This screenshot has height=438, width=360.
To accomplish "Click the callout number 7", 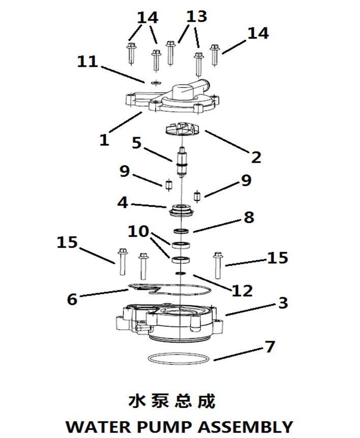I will click(269, 347).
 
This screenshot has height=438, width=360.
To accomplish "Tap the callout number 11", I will click(87, 62).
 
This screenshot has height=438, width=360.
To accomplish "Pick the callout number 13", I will click(197, 17).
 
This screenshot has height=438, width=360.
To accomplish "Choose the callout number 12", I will click(242, 291).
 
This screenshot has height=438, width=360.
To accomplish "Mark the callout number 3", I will click(283, 303).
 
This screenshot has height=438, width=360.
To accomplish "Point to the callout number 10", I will click(138, 232).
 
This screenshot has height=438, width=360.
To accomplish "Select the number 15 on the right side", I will click(278, 258).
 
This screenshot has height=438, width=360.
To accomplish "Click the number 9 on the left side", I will click(125, 171).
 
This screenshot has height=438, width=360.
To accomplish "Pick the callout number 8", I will click(248, 217).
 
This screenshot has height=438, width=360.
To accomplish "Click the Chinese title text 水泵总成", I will click(172, 401).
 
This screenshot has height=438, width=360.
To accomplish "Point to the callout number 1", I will click(104, 139).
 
